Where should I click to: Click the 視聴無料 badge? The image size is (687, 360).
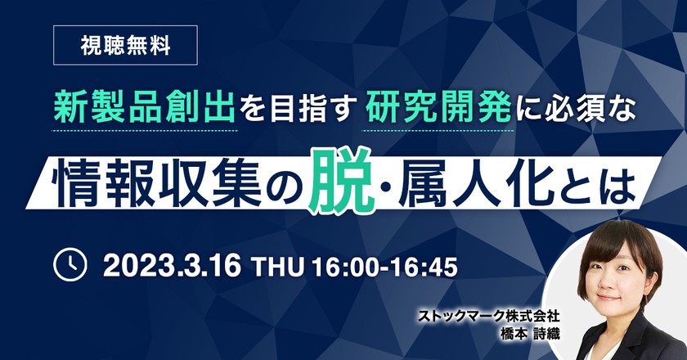(125, 46)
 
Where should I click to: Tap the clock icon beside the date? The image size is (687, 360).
(70, 266)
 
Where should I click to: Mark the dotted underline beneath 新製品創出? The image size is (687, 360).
(146, 131)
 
